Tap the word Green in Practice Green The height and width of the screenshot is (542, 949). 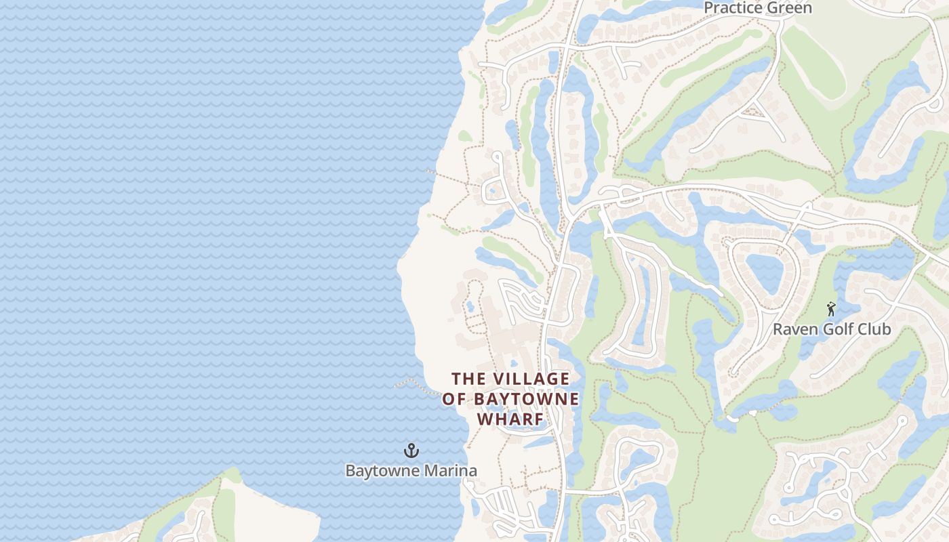click(x=791, y=8)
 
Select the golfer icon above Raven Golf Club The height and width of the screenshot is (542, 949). click(x=831, y=310)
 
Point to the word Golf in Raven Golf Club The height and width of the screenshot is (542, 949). click(x=839, y=330)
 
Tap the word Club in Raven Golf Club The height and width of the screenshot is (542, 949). click(x=876, y=330)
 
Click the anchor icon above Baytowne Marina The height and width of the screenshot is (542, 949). click(x=411, y=451)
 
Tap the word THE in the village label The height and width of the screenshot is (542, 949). click(x=469, y=379)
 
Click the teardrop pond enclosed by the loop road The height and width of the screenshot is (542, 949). click(x=764, y=270)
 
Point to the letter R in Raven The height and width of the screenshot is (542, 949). click(x=778, y=330)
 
